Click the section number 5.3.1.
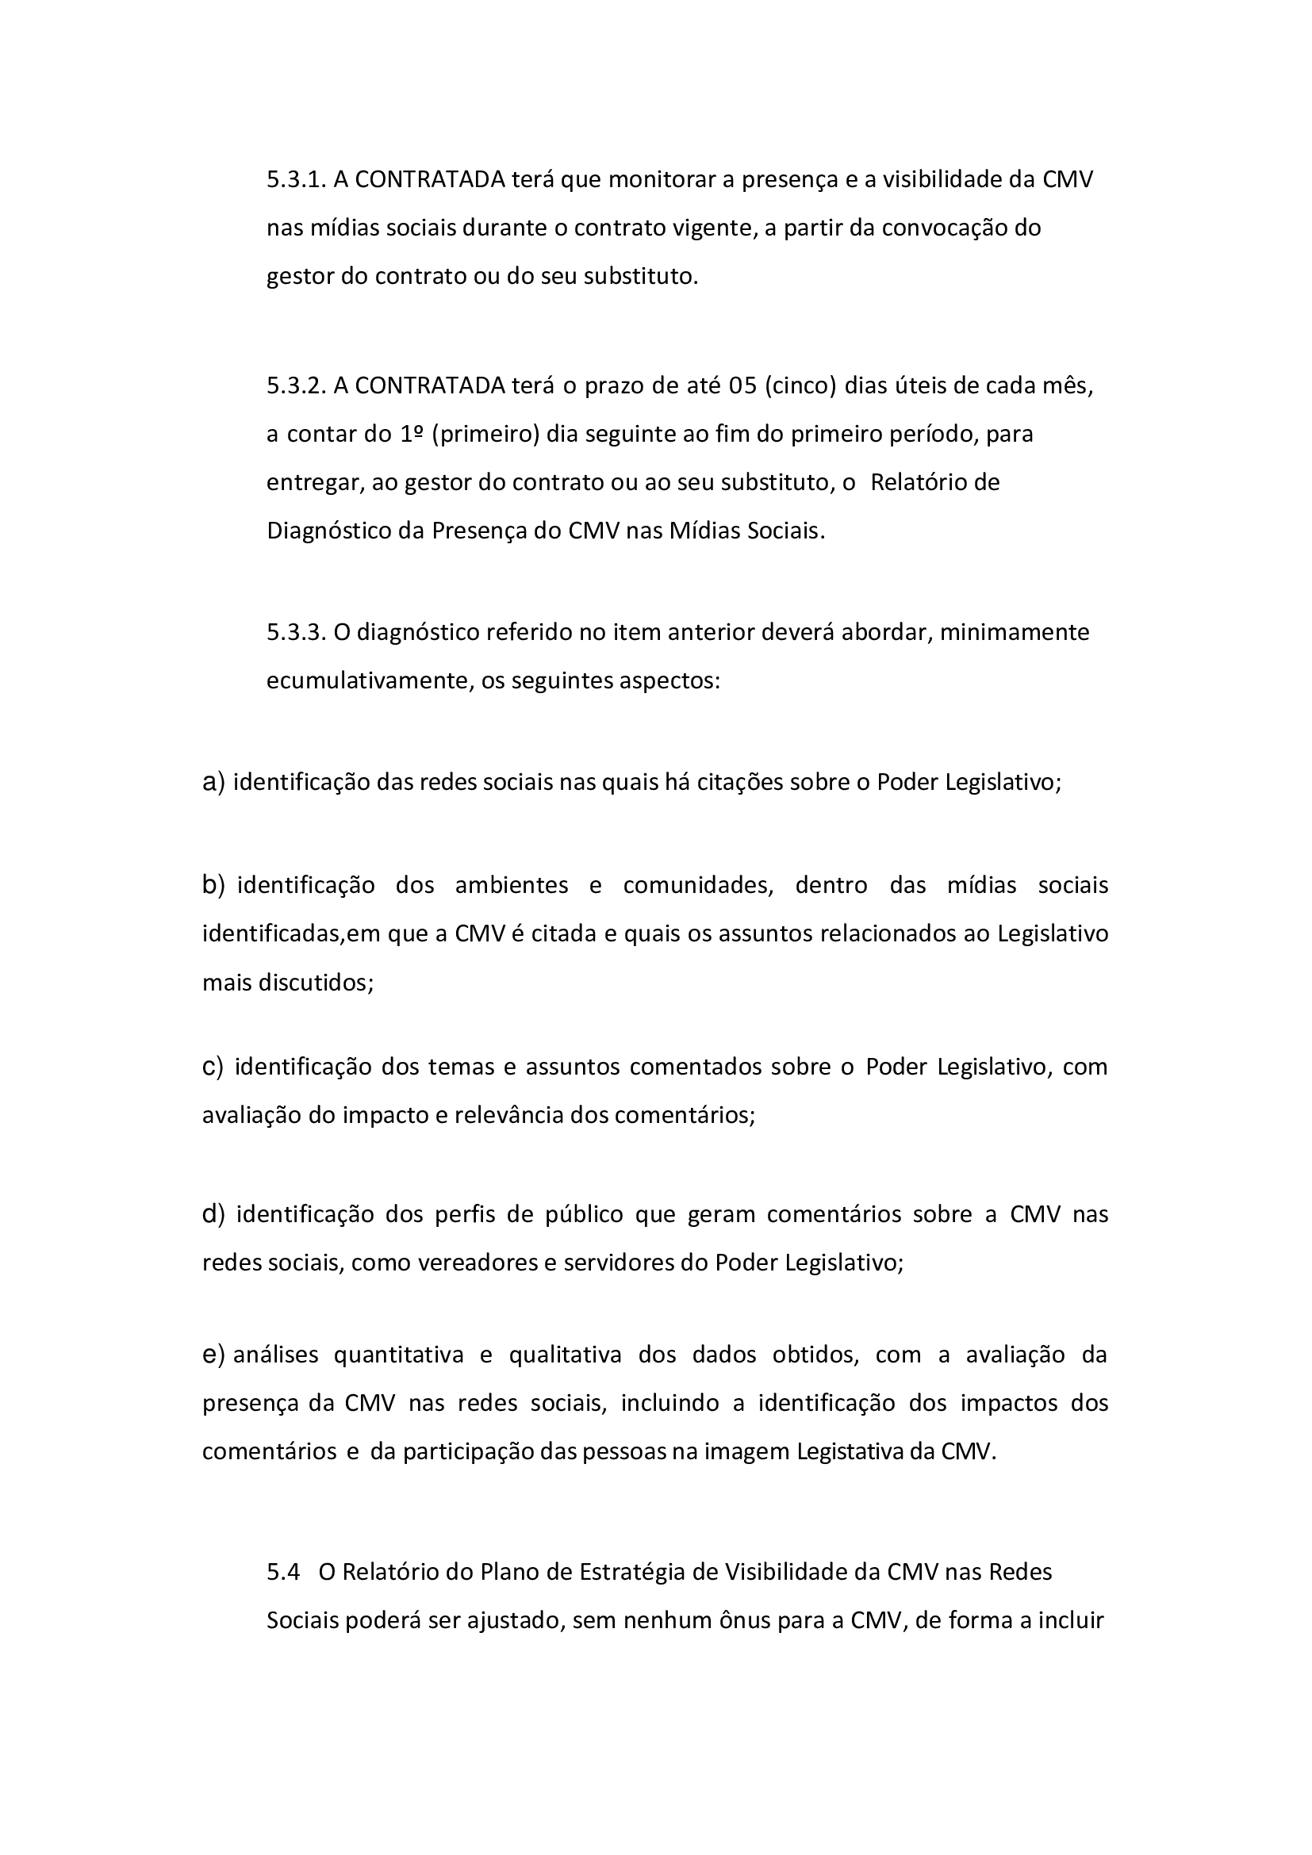coord(296,179)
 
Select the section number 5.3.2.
coord(296,385)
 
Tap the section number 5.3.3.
coord(296,632)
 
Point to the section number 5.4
coord(282,1571)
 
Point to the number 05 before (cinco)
coord(742,385)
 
